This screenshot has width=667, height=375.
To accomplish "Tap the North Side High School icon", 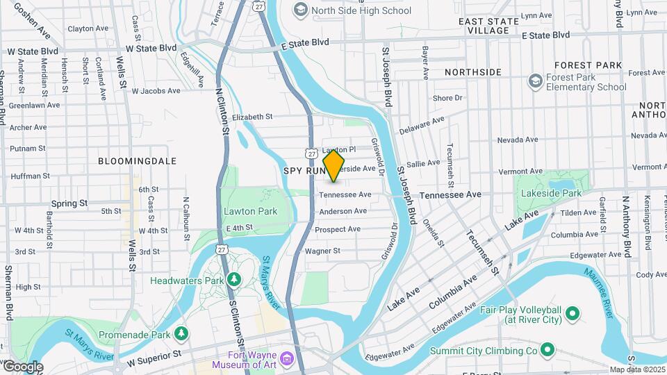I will pyautogui.click(x=300, y=10).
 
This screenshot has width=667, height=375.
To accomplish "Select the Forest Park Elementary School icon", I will pyautogui.click(x=535, y=81).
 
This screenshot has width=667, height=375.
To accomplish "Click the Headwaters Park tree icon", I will pyautogui.click(x=234, y=279).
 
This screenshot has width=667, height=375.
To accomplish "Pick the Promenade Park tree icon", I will pyautogui.click(x=181, y=334).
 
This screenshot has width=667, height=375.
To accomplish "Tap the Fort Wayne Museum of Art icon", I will pyautogui.click(x=287, y=360).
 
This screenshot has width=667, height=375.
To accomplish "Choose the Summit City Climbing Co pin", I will pyautogui.click(x=547, y=351).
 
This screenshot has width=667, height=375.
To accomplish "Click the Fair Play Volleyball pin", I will pyautogui.click(x=573, y=314).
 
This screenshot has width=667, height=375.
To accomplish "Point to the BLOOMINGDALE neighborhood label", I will pyautogui.click(x=137, y=160).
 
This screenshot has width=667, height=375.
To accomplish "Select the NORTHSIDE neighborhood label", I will pyautogui.click(x=472, y=72).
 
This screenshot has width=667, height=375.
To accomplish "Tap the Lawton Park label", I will pyautogui.click(x=250, y=211).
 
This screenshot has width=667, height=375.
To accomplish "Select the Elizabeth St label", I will pyautogui.click(x=252, y=117).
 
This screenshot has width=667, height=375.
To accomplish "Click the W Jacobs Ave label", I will pyautogui.click(x=156, y=91).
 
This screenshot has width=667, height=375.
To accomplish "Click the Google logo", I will pyautogui.click(x=23, y=367).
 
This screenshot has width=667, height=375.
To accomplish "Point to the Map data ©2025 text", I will pyautogui.click(x=637, y=369).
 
